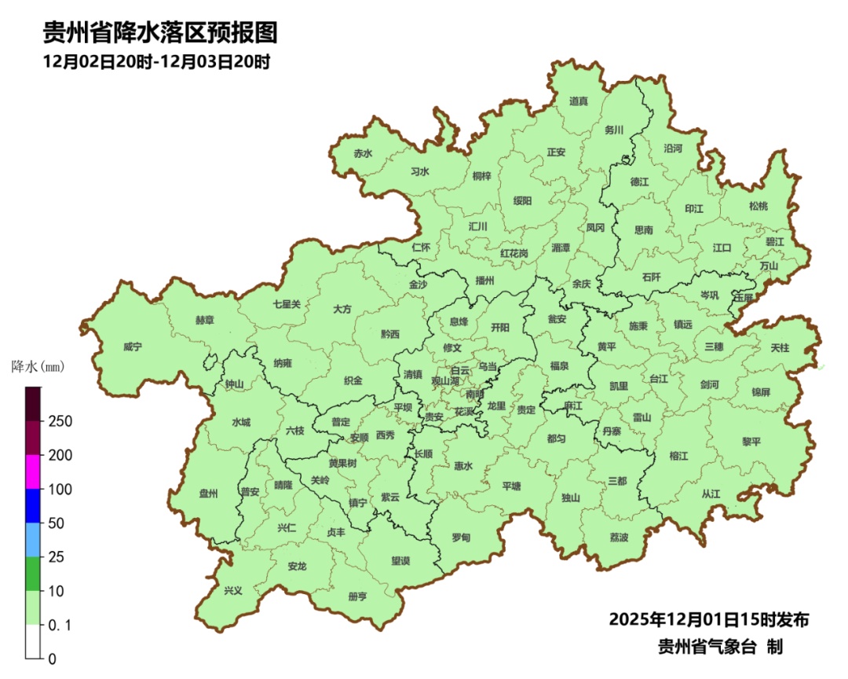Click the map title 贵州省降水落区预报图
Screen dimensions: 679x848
click(x=159, y=32)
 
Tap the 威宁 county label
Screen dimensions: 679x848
click(x=133, y=347)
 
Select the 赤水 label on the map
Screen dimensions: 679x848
click(x=363, y=154)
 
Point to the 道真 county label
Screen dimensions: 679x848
click(x=579, y=101)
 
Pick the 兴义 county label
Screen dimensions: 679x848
click(x=233, y=590)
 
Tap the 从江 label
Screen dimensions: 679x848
click(x=711, y=494)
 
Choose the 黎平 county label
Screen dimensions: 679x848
click(x=751, y=442)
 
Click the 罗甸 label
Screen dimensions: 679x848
click(x=461, y=538)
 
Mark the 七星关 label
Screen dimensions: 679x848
click(x=287, y=303)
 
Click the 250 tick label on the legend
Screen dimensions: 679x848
click(x=60, y=421)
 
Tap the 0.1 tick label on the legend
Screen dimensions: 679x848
click(x=59, y=625)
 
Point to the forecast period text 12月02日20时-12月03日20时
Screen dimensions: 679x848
click(x=156, y=61)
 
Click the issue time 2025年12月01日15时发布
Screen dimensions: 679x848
click(x=708, y=619)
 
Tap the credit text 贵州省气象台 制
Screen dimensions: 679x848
click(x=720, y=647)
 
